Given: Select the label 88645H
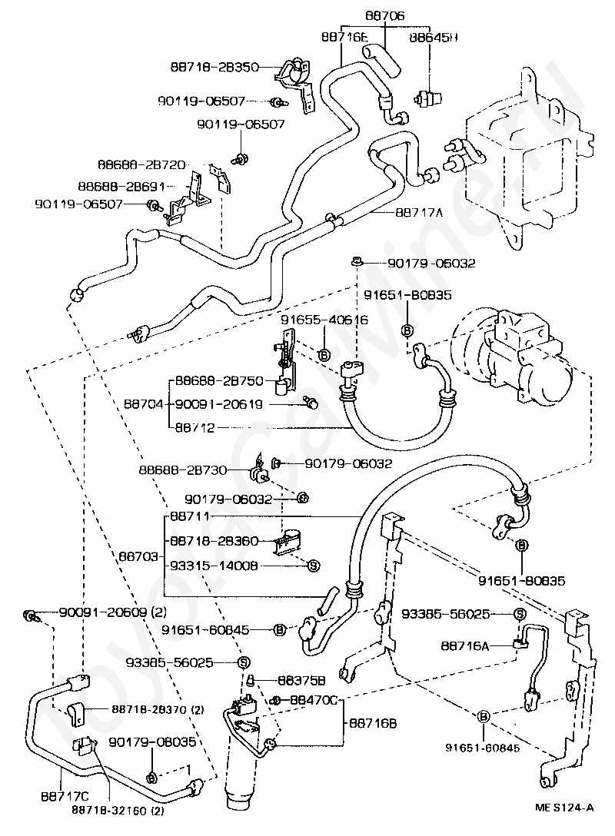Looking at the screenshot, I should click(x=433, y=36).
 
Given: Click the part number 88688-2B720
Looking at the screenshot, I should click(x=141, y=164).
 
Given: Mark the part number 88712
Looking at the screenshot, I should click(x=194, y=426).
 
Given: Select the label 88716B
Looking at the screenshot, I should click(x=373, y=723).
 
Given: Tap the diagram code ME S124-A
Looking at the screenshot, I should click(x=565, y=808).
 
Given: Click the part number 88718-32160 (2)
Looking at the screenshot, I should click(x=118, y=811).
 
